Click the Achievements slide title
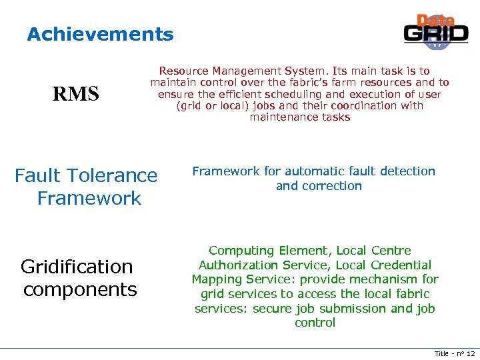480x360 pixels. click(100, 35)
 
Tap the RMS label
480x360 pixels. click(76, 95)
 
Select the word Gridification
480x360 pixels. click(77, 267)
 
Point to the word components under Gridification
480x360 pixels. click(80, 290)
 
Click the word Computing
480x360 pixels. click(241, 251)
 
